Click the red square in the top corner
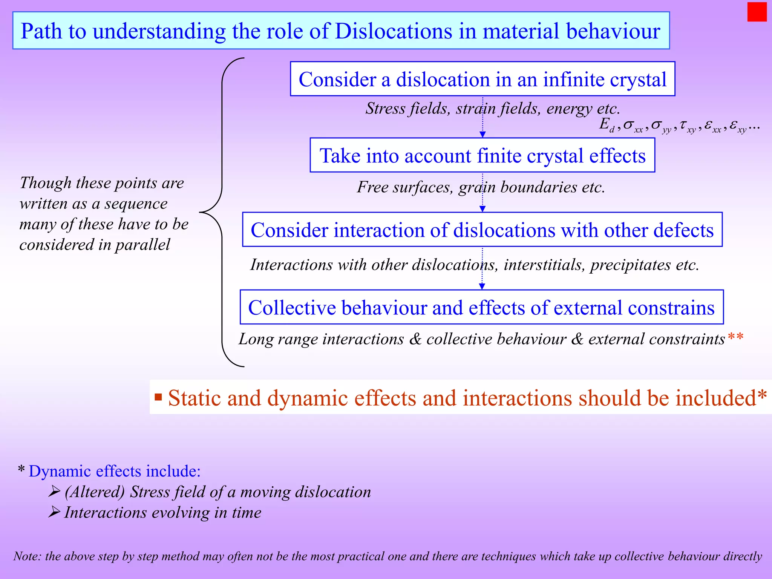point(757,12)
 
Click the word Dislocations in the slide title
point(393,31)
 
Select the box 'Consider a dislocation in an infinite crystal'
point(482,79)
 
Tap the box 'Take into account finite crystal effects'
point(482,155)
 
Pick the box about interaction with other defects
point(482,230)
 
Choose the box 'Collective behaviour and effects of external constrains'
point(481,307)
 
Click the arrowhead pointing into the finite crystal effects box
point(482,135)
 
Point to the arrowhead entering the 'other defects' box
point(482,209)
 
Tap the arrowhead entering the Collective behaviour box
point(482,286)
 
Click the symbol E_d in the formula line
point(607,124)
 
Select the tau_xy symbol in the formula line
point(687,126)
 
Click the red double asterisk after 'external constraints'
point(735,336)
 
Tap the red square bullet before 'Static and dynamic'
point(158,397)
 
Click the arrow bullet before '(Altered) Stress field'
point(55,491)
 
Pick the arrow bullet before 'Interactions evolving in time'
point(55,512)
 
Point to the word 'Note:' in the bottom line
point(27,556)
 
